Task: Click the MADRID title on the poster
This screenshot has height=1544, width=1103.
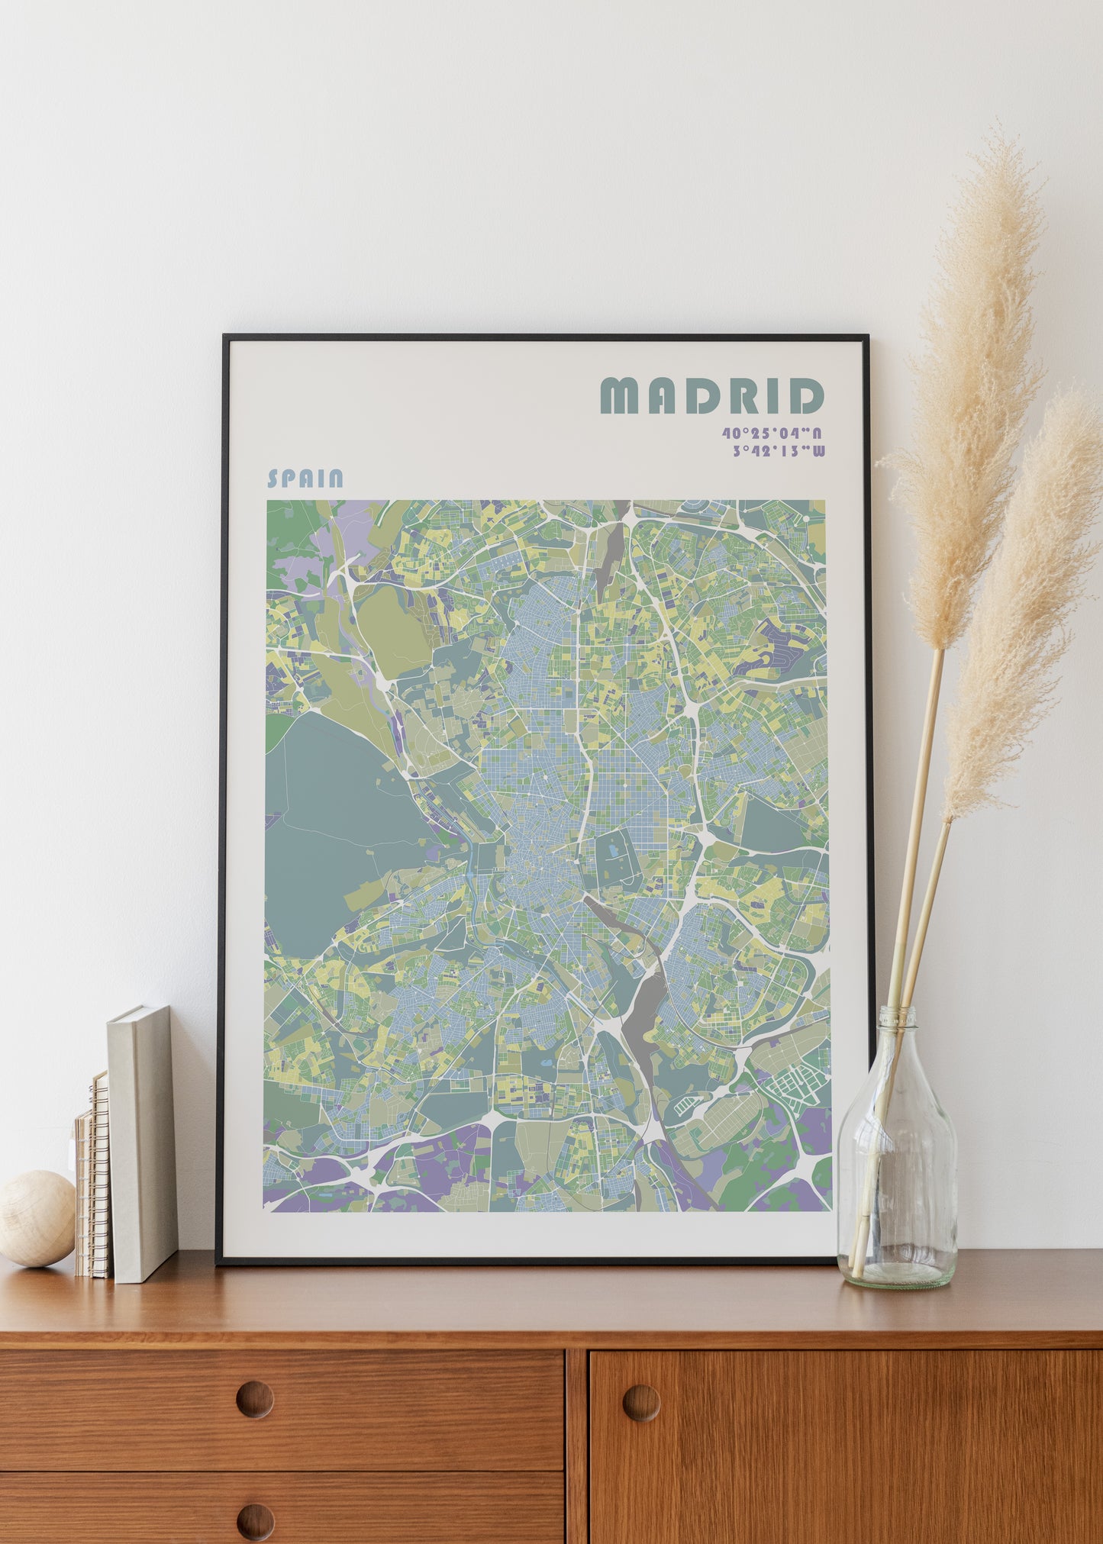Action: (711, 395)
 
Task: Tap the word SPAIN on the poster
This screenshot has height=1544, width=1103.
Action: (305, 479)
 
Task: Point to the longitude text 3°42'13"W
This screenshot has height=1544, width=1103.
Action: (778, 451)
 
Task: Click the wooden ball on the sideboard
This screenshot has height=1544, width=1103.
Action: (37, 1219)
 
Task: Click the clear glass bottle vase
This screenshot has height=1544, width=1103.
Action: (897, 1175)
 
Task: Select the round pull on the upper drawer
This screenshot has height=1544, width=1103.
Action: (254, 1400)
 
